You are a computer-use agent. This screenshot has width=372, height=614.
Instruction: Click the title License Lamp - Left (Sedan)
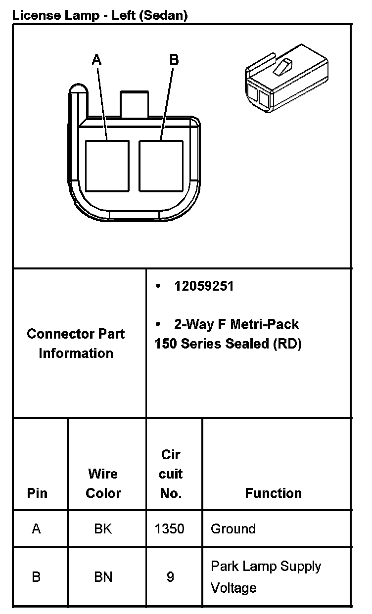[100, 15]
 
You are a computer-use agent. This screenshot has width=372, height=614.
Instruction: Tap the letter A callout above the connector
[97, 60]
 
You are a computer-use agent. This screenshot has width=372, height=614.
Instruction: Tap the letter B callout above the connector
[174, 60]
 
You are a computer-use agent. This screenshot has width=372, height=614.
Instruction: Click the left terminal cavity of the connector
[107, 166]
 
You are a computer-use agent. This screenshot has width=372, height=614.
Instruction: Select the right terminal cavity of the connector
[161, 166]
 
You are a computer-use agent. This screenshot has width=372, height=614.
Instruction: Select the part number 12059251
[203, 286]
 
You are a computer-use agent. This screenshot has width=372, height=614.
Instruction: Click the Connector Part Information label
[76, 343]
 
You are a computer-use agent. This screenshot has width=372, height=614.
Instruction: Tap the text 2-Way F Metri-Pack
[236, 324]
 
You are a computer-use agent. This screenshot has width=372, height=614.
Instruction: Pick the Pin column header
[38, 493]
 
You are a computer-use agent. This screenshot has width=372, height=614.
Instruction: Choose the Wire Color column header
[103, 483]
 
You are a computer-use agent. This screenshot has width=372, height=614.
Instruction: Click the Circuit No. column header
[171, 474]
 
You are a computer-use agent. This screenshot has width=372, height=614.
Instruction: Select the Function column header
[273, 493]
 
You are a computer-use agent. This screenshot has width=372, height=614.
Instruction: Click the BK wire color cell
[103, 528]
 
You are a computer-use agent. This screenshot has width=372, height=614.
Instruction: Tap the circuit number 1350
[169, 528]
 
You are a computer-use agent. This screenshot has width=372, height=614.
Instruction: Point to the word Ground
[233, 528]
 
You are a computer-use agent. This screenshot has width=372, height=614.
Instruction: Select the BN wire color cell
[103, 577]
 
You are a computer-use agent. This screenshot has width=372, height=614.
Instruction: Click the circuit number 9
[170, 577]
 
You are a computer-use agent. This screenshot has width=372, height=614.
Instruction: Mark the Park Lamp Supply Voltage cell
[266, 577]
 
